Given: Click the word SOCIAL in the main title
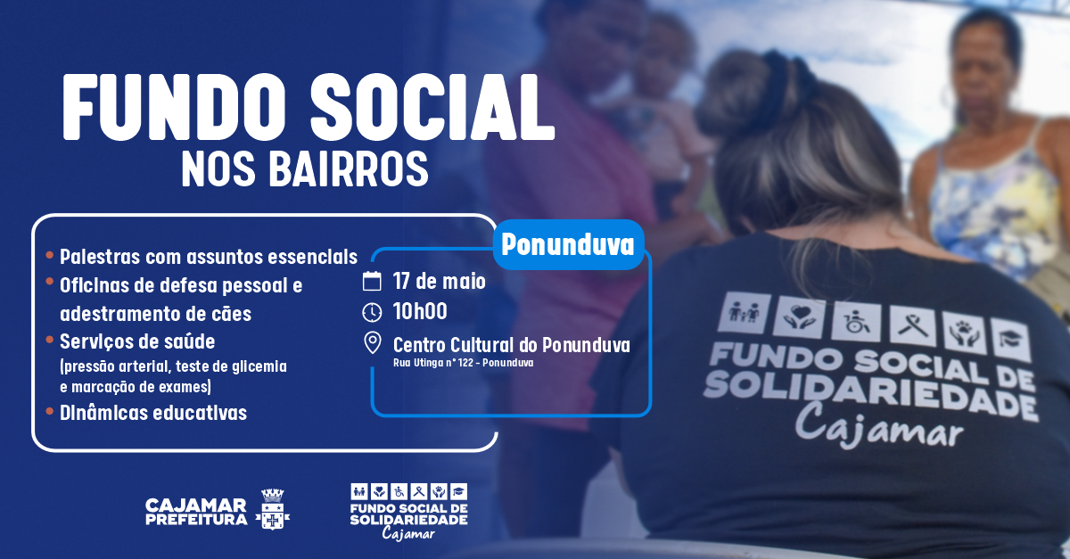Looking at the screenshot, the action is point(432,108).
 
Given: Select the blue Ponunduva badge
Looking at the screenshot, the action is point(569,244).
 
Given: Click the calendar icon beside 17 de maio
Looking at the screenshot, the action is point(372,281).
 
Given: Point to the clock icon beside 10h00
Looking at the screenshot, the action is point(372,312).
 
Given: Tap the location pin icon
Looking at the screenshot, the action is point(372,343).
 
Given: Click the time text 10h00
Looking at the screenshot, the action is point(420,311).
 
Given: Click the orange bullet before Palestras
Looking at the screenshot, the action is point(49,255).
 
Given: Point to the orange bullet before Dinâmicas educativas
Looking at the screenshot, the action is point(49,411).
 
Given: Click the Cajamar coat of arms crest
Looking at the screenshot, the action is point(273,509).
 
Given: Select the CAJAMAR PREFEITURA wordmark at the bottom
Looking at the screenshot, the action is point(196,512).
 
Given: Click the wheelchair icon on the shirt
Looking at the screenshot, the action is point(855,322).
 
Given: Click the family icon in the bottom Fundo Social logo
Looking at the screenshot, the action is point(359,491).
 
